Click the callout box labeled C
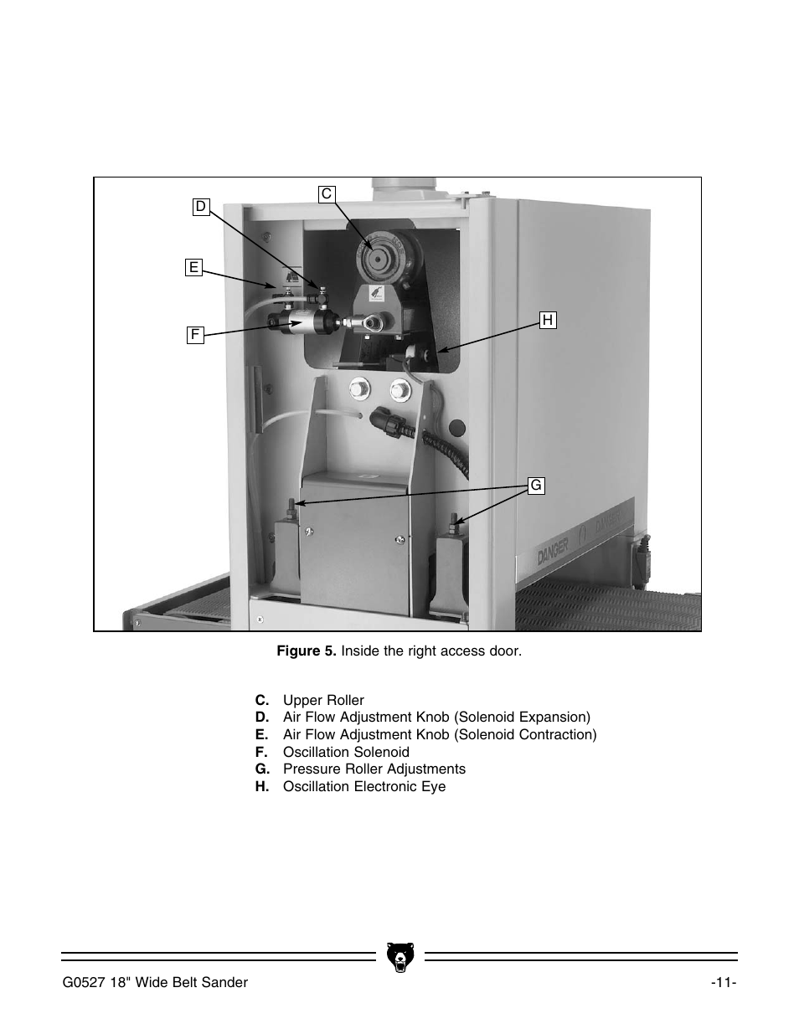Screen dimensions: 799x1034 [327, 194]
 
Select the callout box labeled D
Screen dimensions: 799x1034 [200, 207]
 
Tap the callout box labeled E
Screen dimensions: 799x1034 [193, 267]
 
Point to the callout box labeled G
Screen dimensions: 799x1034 [536, 486]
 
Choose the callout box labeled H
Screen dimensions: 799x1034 [548, 320]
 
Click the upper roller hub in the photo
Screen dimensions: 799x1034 [377, 256]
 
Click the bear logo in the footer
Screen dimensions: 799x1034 [399, 956]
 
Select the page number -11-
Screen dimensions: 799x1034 [724, 982]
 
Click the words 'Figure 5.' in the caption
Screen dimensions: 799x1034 [307, 651]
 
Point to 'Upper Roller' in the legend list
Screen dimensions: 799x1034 [323, 700]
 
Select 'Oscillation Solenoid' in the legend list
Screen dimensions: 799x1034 [346, 752]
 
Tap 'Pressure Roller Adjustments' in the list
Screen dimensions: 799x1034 [374, 769]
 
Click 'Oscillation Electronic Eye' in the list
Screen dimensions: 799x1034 [363, 786]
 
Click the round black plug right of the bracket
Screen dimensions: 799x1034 [457, 429]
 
